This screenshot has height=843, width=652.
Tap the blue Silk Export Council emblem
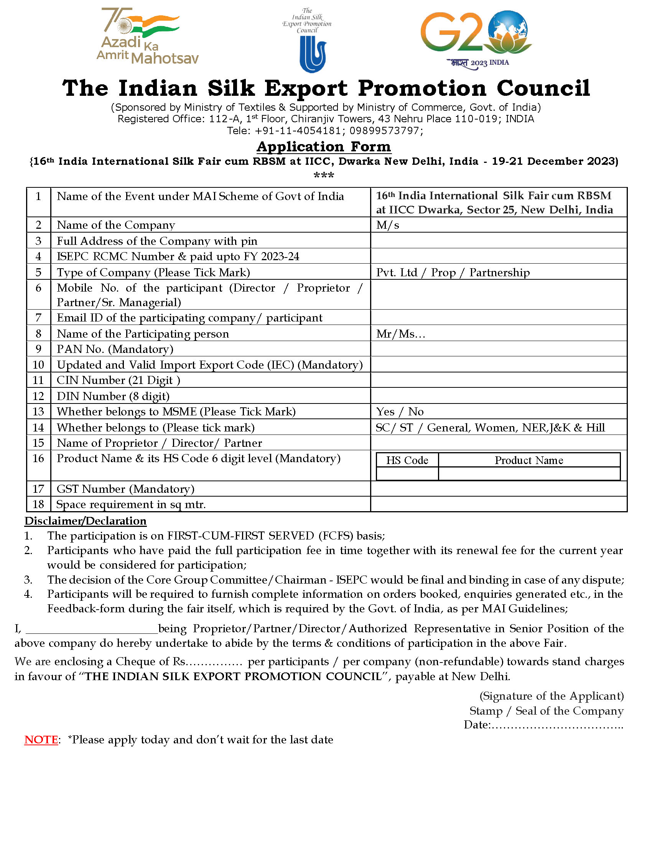[x=313, y=54]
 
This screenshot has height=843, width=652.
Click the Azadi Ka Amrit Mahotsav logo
[x=147, y=36]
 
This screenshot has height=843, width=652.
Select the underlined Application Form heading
[x=324, y=147]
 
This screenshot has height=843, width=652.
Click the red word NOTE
[x=41, y=740]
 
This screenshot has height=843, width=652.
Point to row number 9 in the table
[x=38, y=349]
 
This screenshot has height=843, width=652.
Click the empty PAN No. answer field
[x=498, y=349]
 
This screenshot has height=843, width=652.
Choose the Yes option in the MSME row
[x=385, y=412]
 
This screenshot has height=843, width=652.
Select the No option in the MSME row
[x=416, y=412]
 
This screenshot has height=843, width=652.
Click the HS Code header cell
[x=407, y=460]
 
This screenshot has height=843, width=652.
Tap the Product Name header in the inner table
[x=529, y=460]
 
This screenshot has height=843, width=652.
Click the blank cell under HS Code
[x=407, y=474]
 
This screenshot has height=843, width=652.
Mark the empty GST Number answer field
[x=498, y=489]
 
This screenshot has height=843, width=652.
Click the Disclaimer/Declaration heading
[x=86, y=521]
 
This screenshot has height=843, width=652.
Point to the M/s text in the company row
[x=387, y=225]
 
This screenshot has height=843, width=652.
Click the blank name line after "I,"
[x=92, y=629]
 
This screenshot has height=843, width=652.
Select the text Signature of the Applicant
[x=551, y=696]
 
